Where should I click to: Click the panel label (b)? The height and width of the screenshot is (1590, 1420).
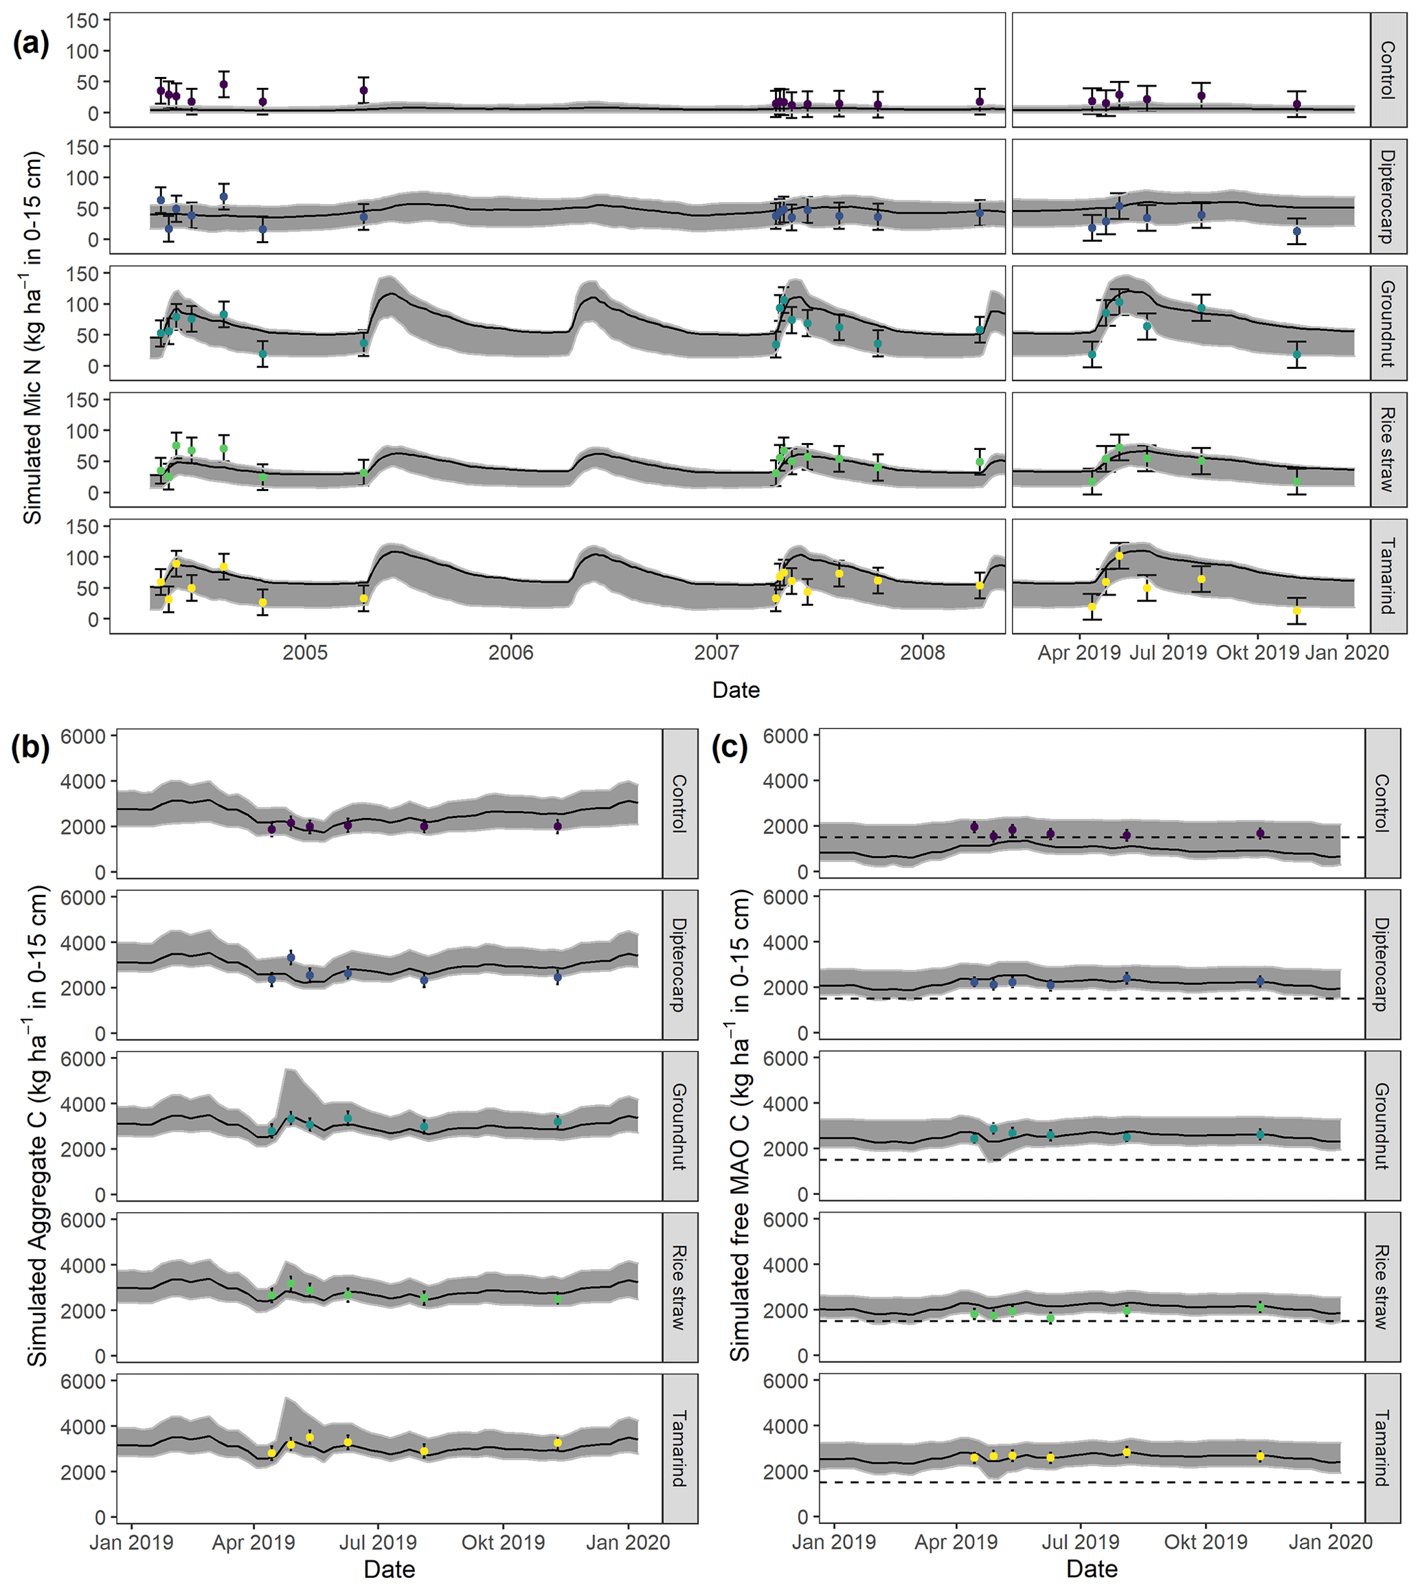click(30, 747)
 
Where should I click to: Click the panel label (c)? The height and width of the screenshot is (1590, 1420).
click(730, 747)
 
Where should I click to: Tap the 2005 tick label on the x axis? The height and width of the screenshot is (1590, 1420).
click(305, 652)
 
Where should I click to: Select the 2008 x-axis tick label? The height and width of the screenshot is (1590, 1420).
click(922, 652)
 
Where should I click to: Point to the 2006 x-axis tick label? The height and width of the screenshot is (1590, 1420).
click(511, 652)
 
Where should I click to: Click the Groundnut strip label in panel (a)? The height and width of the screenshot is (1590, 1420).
click(1387, 323)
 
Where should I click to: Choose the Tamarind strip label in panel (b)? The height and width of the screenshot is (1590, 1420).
click(679, 1448)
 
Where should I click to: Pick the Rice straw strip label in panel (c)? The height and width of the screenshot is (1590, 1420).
click(1382, 1287)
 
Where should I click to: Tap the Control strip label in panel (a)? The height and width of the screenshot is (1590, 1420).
click(1387, 70)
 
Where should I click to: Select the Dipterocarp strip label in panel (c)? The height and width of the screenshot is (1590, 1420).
click(1382, 964)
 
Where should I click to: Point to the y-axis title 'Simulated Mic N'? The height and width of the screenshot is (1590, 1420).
click(32, 337)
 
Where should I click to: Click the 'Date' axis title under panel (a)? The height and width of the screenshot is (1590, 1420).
click(736, 690)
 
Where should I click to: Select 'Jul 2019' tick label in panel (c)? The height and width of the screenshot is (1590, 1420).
click(1081, 1543)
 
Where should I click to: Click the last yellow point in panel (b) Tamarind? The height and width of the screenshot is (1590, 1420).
click(557, 1442)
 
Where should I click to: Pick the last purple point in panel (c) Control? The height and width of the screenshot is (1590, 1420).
click(1260, 833)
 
